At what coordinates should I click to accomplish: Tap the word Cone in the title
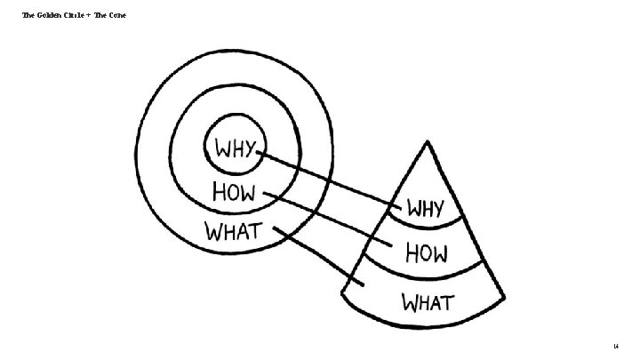[117, 15]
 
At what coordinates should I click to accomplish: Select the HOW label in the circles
[235, 191]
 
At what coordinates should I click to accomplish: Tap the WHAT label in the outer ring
[235, 233]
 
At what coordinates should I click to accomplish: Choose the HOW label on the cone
[427, 254]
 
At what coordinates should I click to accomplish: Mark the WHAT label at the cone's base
[429, 302]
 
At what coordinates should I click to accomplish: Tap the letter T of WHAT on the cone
[448, 302]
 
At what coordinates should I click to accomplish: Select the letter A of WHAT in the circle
[243, 233]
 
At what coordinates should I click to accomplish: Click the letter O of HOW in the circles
[234, 191]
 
